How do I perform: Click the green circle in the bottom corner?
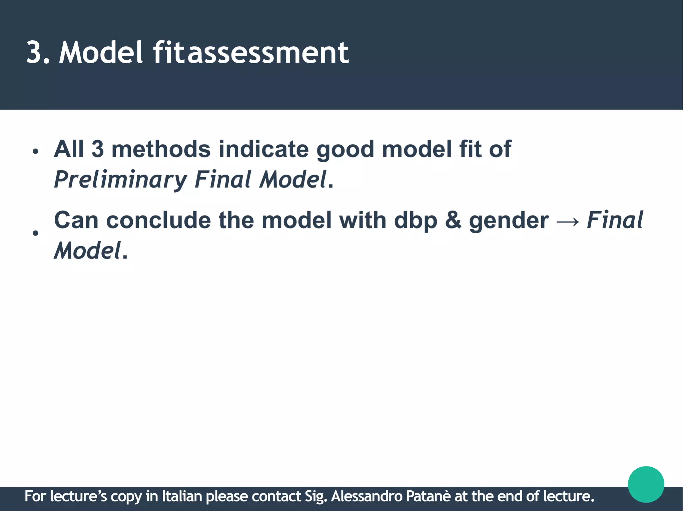646,484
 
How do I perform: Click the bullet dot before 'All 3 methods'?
36,152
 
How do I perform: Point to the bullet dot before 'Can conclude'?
36,233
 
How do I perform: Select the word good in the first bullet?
345,150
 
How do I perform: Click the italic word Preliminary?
120,180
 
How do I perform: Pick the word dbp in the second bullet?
415,221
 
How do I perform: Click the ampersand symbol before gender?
453,221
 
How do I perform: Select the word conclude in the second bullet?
158,221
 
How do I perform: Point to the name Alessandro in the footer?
367,496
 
